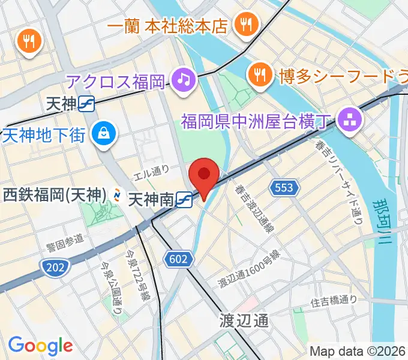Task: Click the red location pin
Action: click(204, 175)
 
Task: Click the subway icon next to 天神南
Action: click(185, 199)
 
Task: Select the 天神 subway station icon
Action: click(87, 104)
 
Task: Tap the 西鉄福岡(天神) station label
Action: click(54, 194)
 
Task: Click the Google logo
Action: click(40, 345)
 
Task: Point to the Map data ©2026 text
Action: click(358, 351)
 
